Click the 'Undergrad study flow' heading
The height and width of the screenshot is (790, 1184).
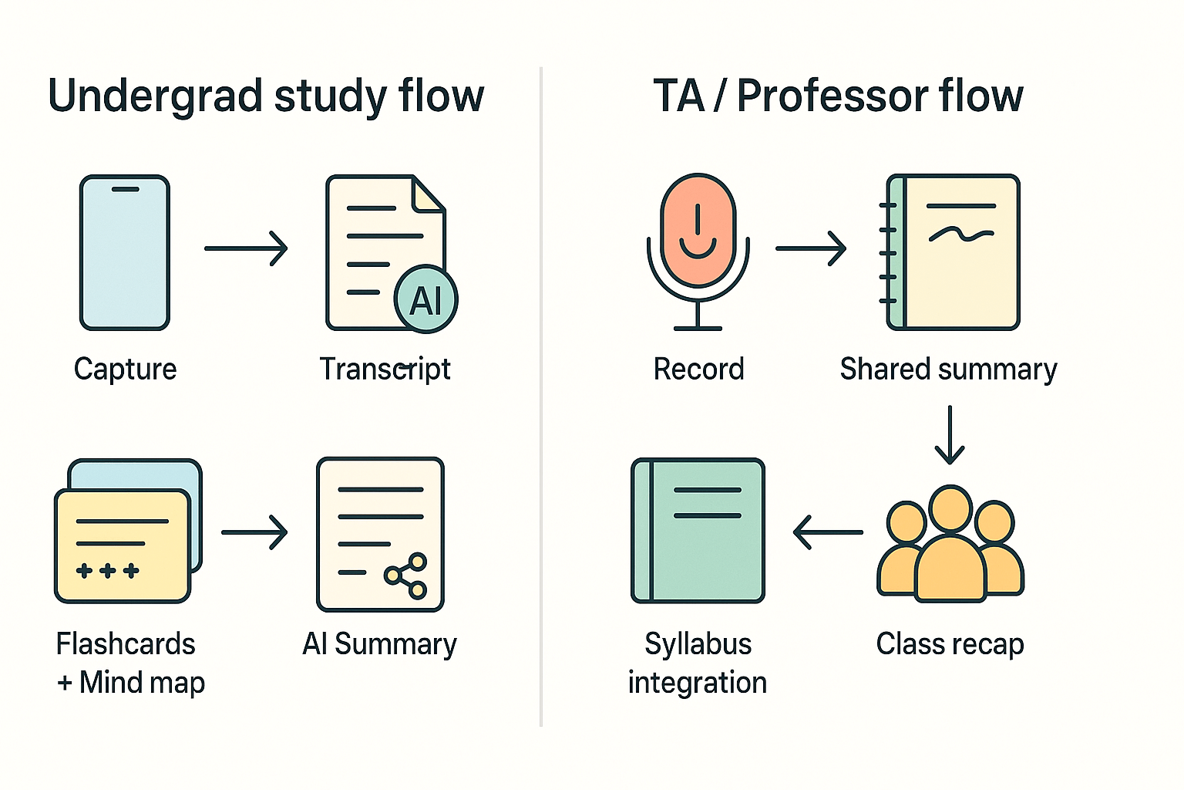coord(266,96)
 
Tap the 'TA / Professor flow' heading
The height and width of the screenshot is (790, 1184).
coord(838,96)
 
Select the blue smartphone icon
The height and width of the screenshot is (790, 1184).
coord(125,253)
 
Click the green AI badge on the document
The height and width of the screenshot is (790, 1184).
coord(425,299)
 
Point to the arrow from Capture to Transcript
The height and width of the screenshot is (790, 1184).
coord(246,248)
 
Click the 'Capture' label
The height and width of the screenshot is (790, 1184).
coord(125,369)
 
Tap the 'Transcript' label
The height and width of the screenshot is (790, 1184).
coord(385,369)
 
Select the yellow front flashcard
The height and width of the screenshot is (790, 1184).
coord(122,546)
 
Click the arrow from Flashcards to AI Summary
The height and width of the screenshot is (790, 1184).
coord(254,532)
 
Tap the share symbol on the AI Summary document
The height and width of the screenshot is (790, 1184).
coord(406,576)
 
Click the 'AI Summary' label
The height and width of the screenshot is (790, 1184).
coord(379,643)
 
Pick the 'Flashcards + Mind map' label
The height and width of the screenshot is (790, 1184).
coord(129,663)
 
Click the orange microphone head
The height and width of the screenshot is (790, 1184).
coord(698,228)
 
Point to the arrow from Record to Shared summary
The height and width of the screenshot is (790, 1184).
coord(811,248)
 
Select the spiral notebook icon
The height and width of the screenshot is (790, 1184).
coord(953,253)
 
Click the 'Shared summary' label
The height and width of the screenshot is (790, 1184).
coord(948,369)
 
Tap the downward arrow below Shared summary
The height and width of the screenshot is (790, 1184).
coord(950,435)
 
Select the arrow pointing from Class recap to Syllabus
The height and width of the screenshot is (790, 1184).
coord(828,532)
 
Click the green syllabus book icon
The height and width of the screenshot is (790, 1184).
coord(698,531)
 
